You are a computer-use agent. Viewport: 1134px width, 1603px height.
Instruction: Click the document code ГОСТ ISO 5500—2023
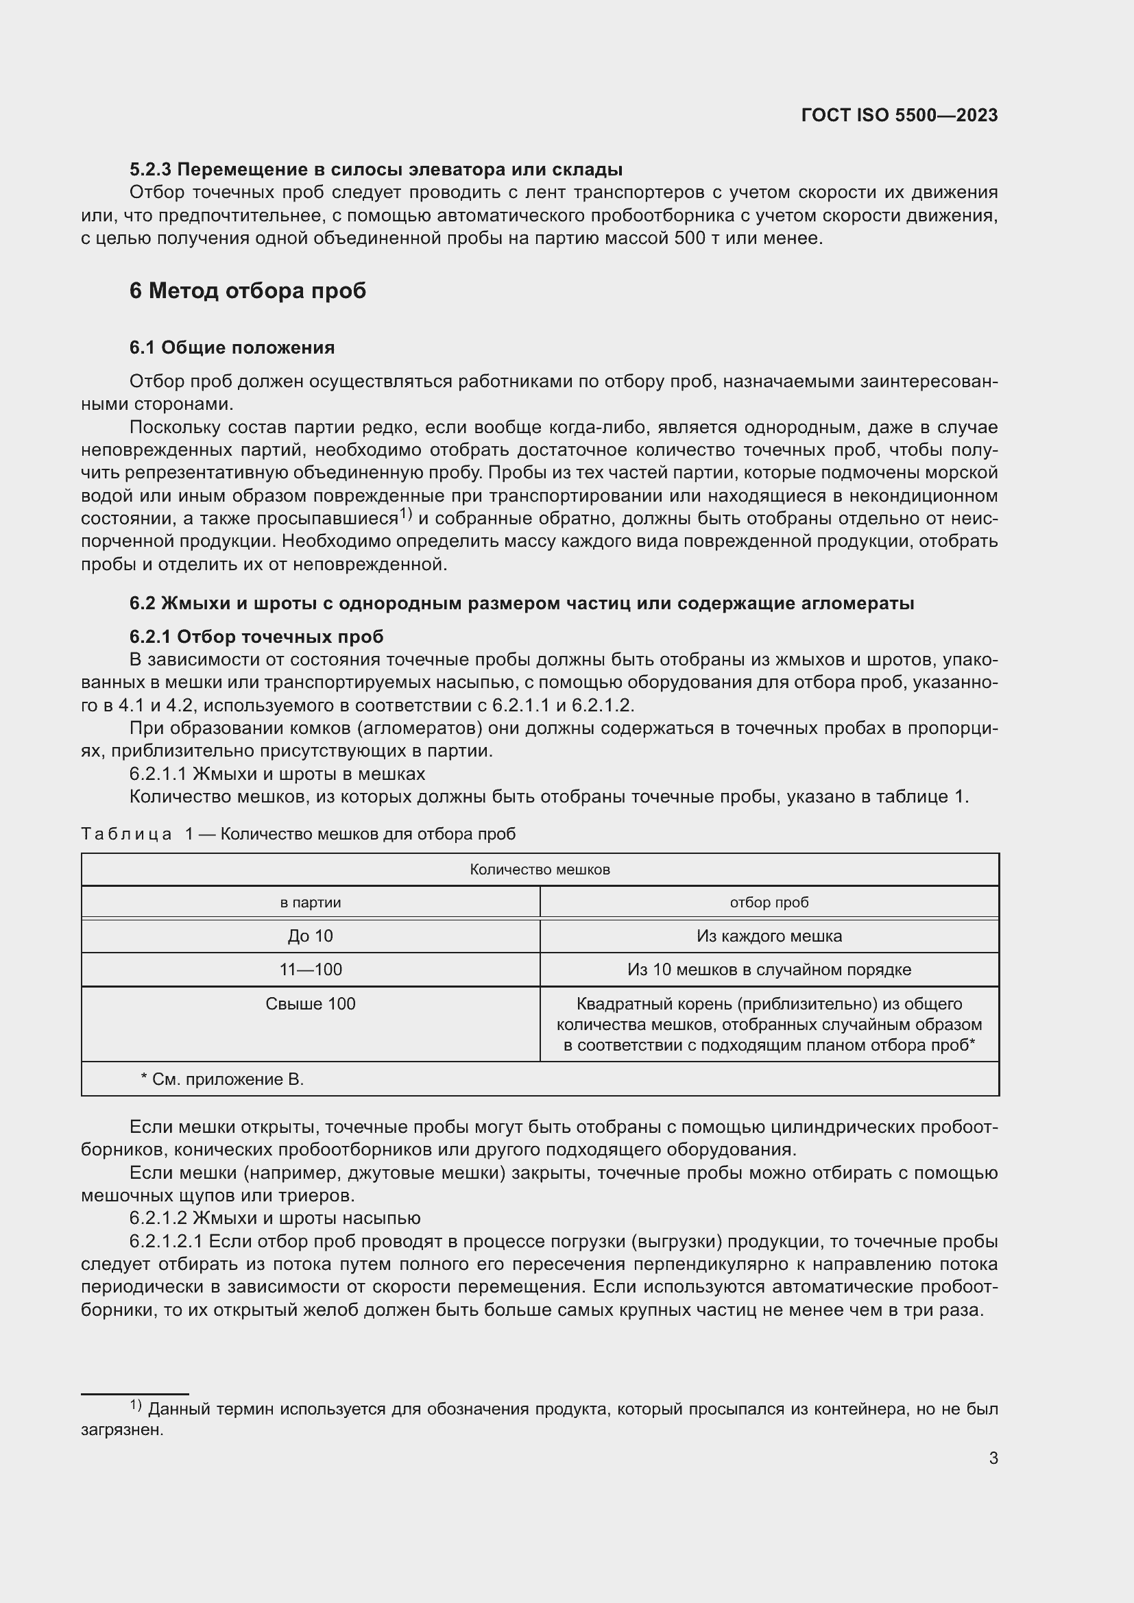point(900,115)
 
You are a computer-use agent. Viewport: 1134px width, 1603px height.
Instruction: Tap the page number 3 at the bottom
point(993,1458)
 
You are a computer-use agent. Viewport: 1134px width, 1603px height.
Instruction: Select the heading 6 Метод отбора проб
point(248,291)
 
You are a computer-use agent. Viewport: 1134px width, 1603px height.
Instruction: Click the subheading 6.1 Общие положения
point(232,347)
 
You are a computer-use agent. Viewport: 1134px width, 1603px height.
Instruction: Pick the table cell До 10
point(310,935)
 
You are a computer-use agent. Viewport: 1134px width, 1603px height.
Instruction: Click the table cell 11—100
point(310,969)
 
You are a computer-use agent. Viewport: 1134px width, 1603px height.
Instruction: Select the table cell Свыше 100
point(310,1003)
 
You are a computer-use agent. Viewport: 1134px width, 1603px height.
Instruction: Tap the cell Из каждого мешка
point(769,935)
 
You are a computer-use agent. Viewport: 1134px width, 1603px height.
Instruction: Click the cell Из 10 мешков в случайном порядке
point(769,969)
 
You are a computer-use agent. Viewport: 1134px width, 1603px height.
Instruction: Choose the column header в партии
point(310,902)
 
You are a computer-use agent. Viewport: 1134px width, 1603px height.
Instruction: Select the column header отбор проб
point(769,902)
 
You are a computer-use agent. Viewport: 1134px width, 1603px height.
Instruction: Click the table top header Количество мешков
point(540,869)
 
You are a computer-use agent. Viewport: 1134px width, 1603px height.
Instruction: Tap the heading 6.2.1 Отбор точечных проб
point(256,636)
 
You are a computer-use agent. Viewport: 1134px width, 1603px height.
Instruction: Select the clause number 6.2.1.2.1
point(165,1241)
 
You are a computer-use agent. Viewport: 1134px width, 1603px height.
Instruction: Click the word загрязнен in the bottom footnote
point(121,1430)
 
